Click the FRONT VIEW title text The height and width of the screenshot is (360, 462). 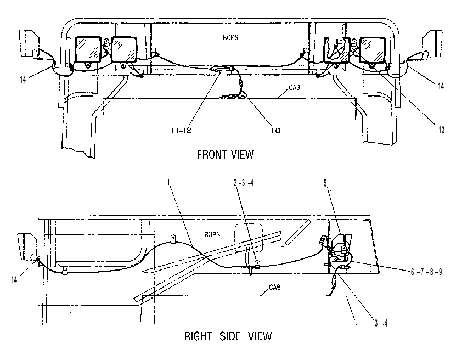(x=225, y=154)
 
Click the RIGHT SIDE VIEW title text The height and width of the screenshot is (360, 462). (x=228, y=336)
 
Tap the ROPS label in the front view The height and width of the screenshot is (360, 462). (x=230, y=37)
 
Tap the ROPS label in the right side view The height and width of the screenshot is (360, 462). (x=212, y=234)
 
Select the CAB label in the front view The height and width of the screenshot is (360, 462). (x=294, y=87)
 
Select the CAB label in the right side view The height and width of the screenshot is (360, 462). (x=274, y=287)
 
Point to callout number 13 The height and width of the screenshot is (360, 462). (x=441, y=130)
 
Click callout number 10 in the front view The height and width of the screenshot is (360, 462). (x=275, y=130)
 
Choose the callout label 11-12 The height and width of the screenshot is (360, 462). (x=182, y=130)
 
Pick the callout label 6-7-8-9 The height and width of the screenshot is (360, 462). (x=426, y=272)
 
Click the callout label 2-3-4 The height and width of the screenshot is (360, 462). (x=244, y=183)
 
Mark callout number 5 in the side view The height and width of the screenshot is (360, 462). (x=325, y=183)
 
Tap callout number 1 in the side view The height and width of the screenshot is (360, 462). (x=168, y=182)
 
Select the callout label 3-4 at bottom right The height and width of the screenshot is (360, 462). (x=381, y=323)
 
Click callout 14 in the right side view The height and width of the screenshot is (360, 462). (x=14, y=279)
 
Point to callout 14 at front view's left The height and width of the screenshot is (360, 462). (x=23, y=80)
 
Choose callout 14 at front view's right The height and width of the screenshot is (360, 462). (x=441, y=86)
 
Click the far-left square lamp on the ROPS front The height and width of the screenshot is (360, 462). (x=88, y=49)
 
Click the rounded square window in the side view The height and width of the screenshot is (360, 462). (x=248, y=238)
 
